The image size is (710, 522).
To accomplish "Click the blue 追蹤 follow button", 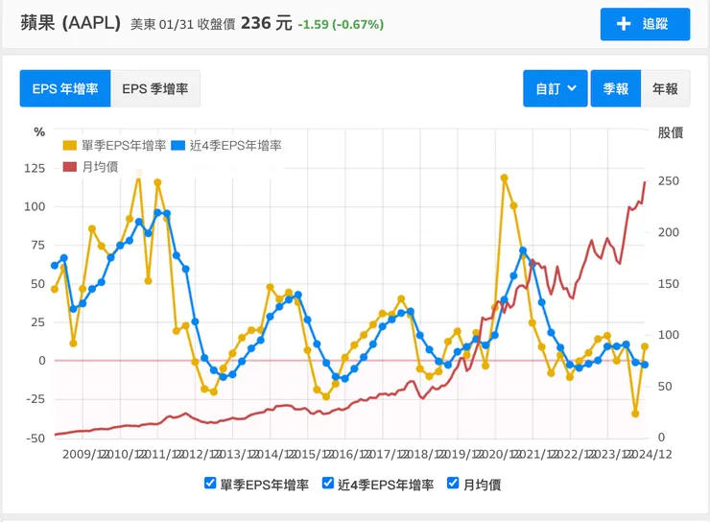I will point(645,24).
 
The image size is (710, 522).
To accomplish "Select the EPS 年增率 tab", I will point(64,88).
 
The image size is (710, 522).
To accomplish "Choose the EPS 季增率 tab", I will point(154,88).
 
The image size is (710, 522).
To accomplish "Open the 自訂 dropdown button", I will point(555,88).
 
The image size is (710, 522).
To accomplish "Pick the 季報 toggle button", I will point(615,88).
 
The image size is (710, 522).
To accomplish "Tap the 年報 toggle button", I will point(665,88).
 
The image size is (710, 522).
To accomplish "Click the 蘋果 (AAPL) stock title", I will point(71,23).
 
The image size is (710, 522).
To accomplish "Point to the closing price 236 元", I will point(266,23).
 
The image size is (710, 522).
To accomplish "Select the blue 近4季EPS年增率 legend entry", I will point(226,146).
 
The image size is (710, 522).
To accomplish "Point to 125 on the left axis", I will point(35,168).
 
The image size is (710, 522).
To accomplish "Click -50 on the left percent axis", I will point(35,438).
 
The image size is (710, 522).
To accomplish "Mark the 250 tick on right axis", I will point(669,181).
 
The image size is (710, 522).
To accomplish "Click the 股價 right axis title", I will point(670,132).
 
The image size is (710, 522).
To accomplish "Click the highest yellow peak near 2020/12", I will point(504,178).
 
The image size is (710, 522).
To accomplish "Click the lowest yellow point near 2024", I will point(635,414).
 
